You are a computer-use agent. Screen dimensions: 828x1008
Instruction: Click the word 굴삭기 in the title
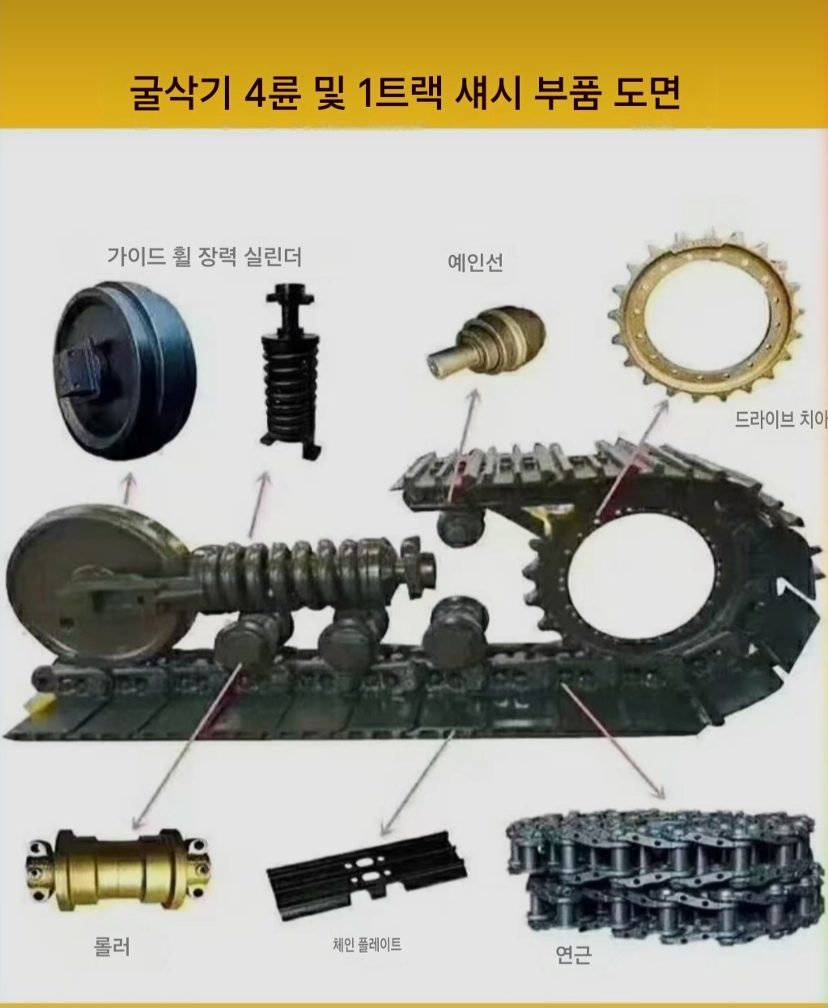pyautogui.click(x=181, y=91)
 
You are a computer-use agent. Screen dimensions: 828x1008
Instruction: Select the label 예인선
pyautogui.click(x=475, y=262)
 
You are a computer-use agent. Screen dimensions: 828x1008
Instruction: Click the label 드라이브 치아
pyautogui.click(x=781, y=419)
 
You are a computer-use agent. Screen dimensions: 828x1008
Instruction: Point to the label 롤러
pyautogui.click(x=112, y=946)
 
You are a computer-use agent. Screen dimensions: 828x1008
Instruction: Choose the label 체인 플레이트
pyautogui.click(x=367, y=944)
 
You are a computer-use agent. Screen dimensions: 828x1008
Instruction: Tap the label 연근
pyautogui.click(x=573, y=954)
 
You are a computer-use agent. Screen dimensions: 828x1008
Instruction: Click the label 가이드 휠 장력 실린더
pyautogui.click(x=205, y=257)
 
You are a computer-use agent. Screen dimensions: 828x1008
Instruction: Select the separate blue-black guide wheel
pyautogui.click(x=125, y=372)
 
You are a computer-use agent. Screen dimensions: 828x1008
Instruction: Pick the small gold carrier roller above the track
pyautogui.click(x=486, y=340)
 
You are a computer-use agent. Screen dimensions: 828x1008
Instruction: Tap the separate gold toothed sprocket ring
pyautogui.click(x=706, y=317)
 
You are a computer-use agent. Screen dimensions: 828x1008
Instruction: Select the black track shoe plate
pyautogui.click(x=367, y=874)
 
